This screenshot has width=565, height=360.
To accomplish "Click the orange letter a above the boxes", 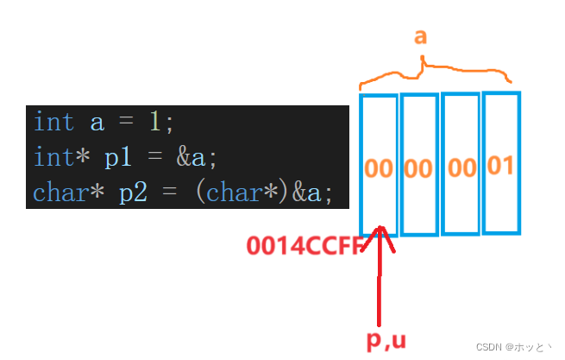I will (420, 37).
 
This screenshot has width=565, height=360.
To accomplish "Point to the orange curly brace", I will (435, 73).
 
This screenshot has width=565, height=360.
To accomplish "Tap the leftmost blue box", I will (379, 164).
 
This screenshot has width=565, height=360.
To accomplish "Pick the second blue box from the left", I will (419, 164).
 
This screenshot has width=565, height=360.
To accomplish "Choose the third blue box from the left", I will (461, 164).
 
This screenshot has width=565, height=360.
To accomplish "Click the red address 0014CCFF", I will (304, 246).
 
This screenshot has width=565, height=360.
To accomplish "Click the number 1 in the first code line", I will (155, 123).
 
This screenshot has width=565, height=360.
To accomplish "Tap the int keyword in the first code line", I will (53, 123).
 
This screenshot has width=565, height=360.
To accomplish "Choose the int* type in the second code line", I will (60, 157).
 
